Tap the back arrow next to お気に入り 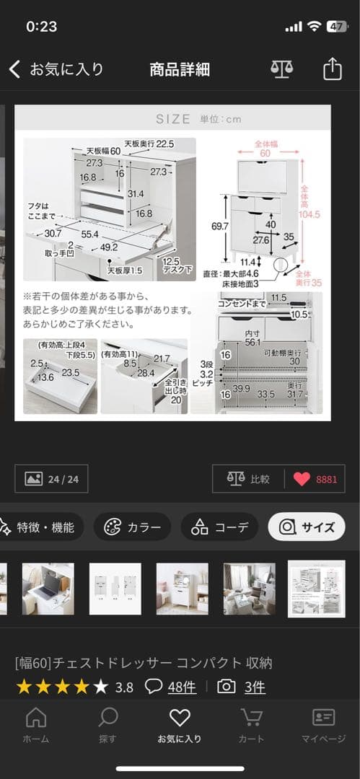[14, 69]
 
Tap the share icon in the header [331, 69]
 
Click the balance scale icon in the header [282, 69]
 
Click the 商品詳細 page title [180, 69]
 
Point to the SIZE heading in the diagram [173, 119]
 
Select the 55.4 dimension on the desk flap [90, 235]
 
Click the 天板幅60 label [103, 150]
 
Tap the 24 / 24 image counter [52, 479]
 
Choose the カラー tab [133, 527]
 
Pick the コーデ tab [219, 527]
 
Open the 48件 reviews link [181, 687]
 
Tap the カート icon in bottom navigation [251, 724]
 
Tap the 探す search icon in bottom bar [107, 724]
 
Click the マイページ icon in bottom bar [323, 724]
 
